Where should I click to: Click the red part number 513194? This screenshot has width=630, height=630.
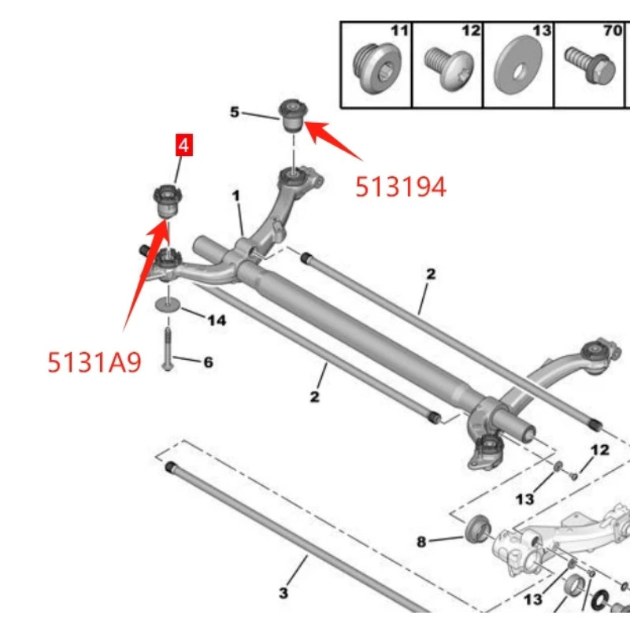(401, 187)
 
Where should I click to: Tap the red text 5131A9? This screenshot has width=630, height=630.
(94, 361)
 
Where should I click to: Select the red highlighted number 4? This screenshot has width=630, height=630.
(183, 146)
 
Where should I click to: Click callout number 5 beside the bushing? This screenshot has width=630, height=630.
(234, 113)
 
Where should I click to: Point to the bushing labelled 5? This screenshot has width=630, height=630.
(293, 116)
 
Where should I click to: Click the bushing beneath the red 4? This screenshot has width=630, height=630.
(166, 202)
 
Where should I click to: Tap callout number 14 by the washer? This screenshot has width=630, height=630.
(216, 320)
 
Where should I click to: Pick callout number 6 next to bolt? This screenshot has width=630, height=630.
(208, 362)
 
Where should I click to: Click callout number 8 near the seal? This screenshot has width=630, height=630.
(421, 542)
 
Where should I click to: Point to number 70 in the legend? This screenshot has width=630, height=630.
(612, 31)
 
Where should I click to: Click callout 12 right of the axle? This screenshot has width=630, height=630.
(600, 450)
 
